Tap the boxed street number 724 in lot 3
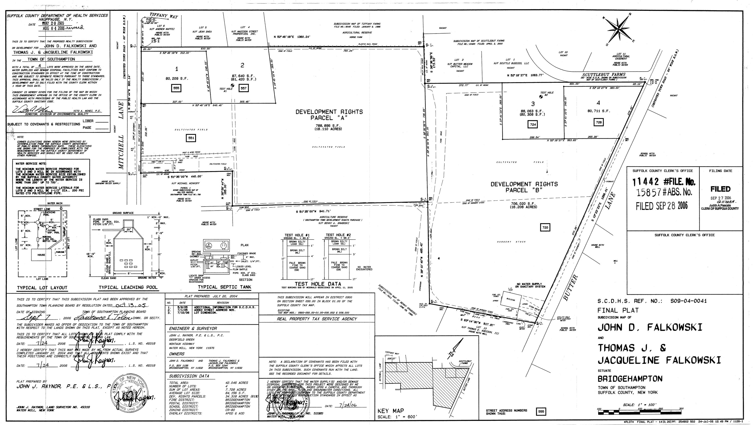point(533,124)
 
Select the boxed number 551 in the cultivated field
point(191,138)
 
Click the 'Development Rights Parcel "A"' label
point(329,115)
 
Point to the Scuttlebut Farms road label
point(603,75)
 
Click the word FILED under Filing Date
point(720,189)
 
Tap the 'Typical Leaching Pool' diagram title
point(128,287)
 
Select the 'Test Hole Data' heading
point(318,284)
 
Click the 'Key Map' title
point(391,411)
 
